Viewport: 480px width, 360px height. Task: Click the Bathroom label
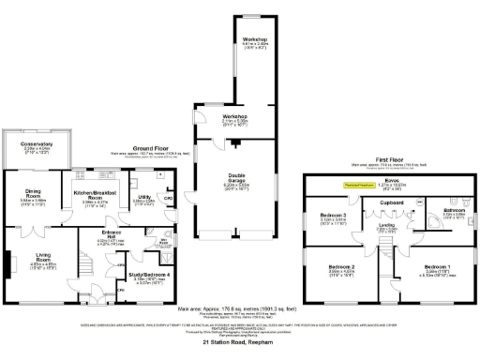[454, 210]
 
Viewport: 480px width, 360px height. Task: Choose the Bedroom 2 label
[340, 267]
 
